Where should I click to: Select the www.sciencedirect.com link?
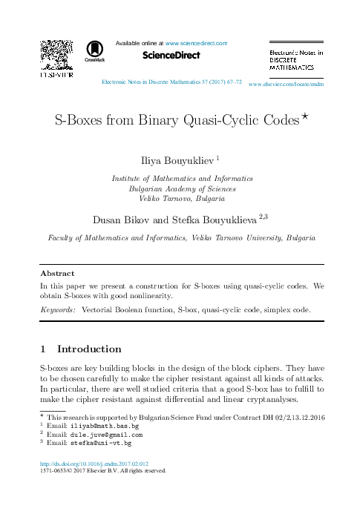[196, 43]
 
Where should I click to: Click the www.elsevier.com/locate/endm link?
[287, 85]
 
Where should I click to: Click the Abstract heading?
[56, 273]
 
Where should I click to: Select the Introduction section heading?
[89, 349]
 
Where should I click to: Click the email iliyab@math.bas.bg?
[105, 427]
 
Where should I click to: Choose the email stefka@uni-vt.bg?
[101, 443]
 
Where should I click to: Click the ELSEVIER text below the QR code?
[56, 75]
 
